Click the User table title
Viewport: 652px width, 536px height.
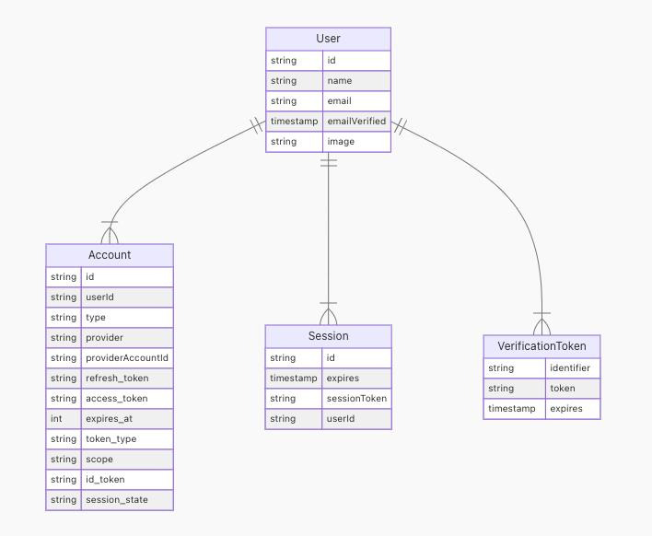click(x=328, y=39)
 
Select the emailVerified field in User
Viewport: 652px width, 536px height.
click(x=356, y=122)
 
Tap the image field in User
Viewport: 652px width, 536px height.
click(x=341, y=142)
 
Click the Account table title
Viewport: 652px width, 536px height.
click(x=110, y=255)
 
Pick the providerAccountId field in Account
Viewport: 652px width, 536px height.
click(x=127, y=358)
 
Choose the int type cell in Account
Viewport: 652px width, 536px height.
click(x=56, y=419)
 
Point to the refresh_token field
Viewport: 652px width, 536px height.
click(x=117, y=379)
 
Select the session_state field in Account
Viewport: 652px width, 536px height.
click(x=116, y=500)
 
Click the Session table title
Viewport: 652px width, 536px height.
click(x=328, y=336)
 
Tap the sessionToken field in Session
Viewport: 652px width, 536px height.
click(x=356, y=399)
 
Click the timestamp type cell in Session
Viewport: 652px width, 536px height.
click(x=293, y=379)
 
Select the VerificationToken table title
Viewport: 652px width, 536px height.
click(x=541, y=346)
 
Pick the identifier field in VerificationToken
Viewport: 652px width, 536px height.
click(x=570, y=368)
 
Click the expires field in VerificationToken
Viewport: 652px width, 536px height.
click(x=566, y=409)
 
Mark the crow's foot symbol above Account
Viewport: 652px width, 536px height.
click(x=110, y=233)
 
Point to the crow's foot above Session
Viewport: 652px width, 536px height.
click(x=328, y=314)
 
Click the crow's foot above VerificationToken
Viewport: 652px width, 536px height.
click(x=541, y=324)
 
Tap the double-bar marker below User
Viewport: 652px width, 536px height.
click(x=329, y=163)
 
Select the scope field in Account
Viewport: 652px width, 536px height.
click(x=99, y=460)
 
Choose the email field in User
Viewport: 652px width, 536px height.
click(x=339, y=101)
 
